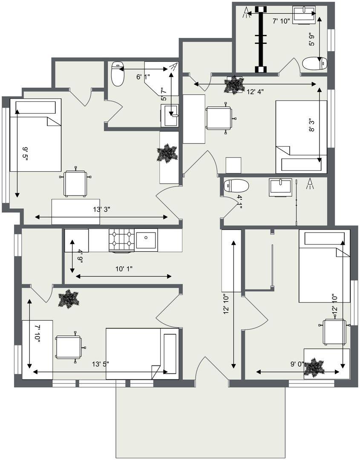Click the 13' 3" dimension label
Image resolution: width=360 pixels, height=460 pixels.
click(x=101, y=210)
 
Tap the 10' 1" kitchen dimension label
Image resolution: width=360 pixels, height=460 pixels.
click(x=124, y=269)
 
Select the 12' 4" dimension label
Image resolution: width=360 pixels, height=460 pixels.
click(x=255, y=92)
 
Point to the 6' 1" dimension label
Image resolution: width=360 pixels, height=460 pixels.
click(x=143, y=77)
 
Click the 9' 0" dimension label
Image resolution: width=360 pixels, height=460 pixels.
click(x=297, y=364)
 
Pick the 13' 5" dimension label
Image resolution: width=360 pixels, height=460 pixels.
click(x=101, y=364)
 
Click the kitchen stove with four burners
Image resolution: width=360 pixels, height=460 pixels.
click(x=121, y=240)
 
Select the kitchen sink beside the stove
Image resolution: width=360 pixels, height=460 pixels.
click(x=146, y=240)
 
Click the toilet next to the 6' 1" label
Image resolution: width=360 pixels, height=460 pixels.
click(x=117, y=73)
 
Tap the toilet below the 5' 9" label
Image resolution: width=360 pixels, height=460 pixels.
click(x=315, y=63)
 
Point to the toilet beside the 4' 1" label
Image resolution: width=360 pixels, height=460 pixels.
click(x=236, y=186)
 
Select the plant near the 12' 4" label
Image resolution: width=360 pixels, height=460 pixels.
click(x=234, y=85)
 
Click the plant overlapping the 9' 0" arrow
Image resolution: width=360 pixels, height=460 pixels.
click(x=314, y=367)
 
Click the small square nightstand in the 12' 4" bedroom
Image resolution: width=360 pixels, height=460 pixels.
click(x=233, y=165)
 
